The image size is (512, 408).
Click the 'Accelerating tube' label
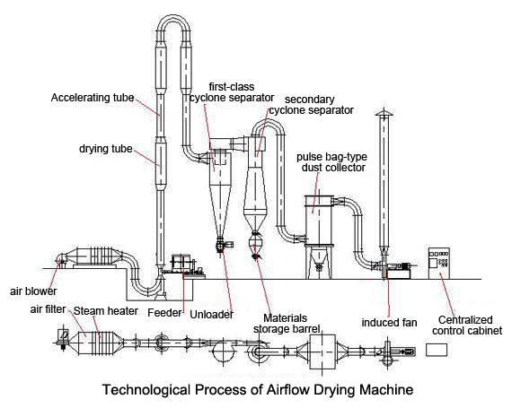[x=93, y=98]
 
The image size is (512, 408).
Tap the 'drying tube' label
[x=106, y=149]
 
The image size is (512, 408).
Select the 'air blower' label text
[x=33, y=291]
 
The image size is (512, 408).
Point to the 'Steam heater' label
[x=105, y=311]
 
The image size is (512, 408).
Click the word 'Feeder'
[x=164, y=313]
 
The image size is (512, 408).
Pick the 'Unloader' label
[x=212, y=315]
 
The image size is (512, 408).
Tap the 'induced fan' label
[x=389, y=323]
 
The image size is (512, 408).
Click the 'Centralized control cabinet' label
[x=467, y=326]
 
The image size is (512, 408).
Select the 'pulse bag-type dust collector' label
[x=332, y=162]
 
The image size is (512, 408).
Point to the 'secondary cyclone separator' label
[x=311, y=105]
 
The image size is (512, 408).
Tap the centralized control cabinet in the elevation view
[x=439, y=263]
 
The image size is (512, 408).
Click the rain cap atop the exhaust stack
[x=384, y=112]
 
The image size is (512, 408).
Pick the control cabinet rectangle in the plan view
[x=437, y=350]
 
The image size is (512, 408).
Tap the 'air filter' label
[x=48, y=309]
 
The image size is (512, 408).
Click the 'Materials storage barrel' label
[x=286, y=324]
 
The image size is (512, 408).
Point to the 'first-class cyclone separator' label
[x=232, y=91]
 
